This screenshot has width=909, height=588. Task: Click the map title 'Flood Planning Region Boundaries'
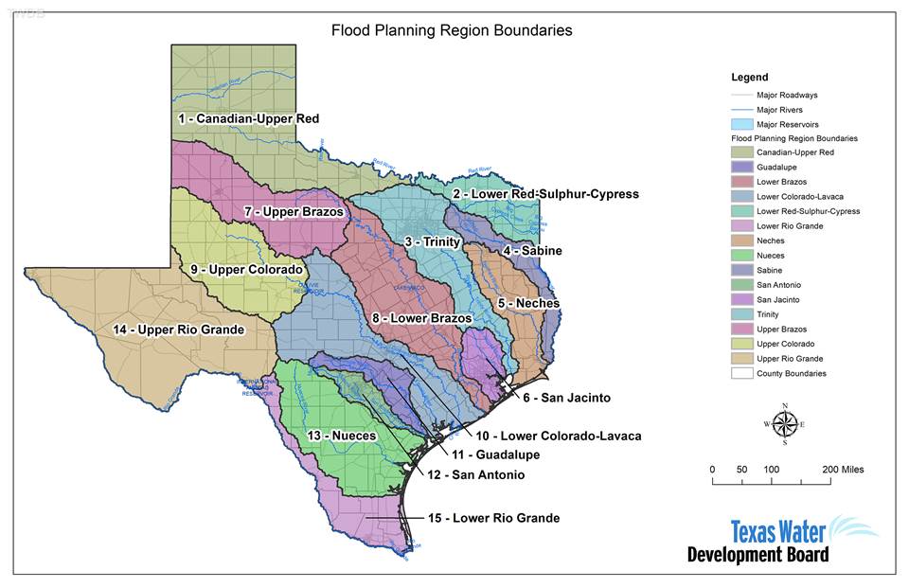coord(452,30)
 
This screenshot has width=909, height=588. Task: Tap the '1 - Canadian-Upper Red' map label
coord(248,118)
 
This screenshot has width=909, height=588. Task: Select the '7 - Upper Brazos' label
coord(294,211)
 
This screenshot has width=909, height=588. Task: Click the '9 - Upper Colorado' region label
coord(246,270)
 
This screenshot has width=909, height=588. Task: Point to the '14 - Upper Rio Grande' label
coord(179,330)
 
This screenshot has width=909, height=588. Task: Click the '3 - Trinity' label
coord(433,242)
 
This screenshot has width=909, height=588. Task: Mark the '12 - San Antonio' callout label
coord(475,474)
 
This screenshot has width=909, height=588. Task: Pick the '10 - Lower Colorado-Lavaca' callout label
coord(559,437)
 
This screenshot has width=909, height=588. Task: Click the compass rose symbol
coord(784,424)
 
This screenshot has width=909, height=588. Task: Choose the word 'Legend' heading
coord(750,78)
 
